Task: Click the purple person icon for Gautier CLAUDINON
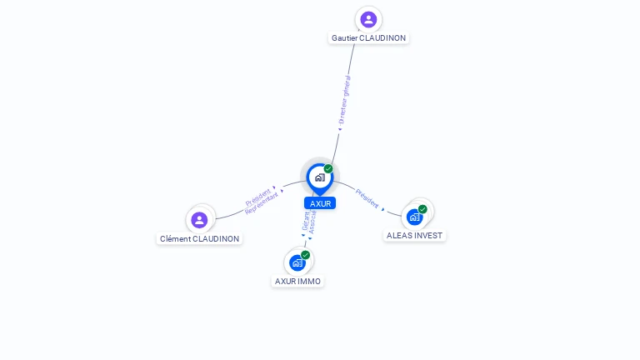pyautogui.click(x=368, y=19)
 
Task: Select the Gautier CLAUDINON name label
pyautogui.click(x=369, y=37)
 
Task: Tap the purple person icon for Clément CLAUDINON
pyautogui.click(x=199, y=220)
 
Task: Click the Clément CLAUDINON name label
pyautogui.click(x=200, y=239)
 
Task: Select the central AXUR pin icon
pyautogui.click(x=319, y=177)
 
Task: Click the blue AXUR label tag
pyautogui.click(x=320, y=203)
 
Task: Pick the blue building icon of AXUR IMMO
pyautogui.click(x=297, y=262)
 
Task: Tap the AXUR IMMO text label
pyautogui.click(x=298, y=282)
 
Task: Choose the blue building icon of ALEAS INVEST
pyautogui.click(x=414, y=217)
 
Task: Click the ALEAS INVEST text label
pyautogui.click(x=415, y=235)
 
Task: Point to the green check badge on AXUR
pyautogui.click(x=328, y=168)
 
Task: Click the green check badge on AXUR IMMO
pyautogui.click(x=306, y=254)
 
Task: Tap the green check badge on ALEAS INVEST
pyautogui.click(x=422, y=209)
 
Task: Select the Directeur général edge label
pyautogui.click(x=345, y=100)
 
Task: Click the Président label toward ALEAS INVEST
pyautogui.click(x=367, y=198)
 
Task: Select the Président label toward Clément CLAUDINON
pyautogui.click(x=257, y=197)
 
